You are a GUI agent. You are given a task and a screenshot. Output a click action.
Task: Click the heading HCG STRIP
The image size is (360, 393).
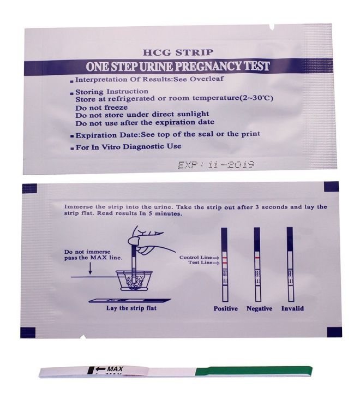(178, 53)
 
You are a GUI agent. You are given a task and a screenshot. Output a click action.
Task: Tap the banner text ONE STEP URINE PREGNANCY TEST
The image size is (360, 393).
(178, 67)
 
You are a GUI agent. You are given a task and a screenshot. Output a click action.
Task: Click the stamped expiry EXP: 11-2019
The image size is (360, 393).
(217, 164)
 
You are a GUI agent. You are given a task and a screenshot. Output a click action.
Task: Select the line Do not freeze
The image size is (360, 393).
(102, 107)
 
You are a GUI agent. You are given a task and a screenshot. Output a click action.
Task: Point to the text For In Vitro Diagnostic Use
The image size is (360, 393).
(128, 146)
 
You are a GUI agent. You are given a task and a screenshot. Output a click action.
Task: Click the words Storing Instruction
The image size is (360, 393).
(111, 91)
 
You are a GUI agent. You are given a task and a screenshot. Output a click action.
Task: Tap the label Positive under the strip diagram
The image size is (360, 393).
(225, 308)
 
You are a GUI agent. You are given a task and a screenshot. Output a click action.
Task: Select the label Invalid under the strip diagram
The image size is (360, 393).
(292, 308)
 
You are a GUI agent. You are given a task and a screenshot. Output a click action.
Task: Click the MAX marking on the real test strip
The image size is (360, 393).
(111, 370)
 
